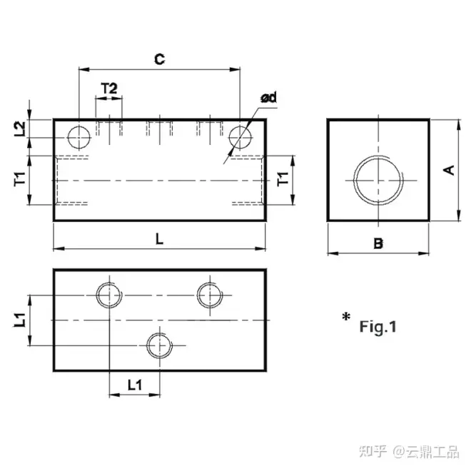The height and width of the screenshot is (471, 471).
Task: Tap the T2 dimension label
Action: point(108,88)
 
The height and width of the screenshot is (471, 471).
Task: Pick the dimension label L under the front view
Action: point(159,239)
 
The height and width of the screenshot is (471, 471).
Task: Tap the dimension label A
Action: point(448,170)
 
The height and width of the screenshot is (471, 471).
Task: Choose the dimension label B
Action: point(378,243)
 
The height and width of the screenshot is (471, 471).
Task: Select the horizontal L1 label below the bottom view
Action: point(134,385)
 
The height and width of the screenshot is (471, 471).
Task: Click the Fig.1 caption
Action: point(377,327)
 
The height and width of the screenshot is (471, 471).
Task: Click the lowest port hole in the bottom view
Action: point(158,345)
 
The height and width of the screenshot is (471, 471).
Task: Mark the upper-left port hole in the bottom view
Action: point(108,294)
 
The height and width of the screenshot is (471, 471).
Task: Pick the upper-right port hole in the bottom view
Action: point(210,294)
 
